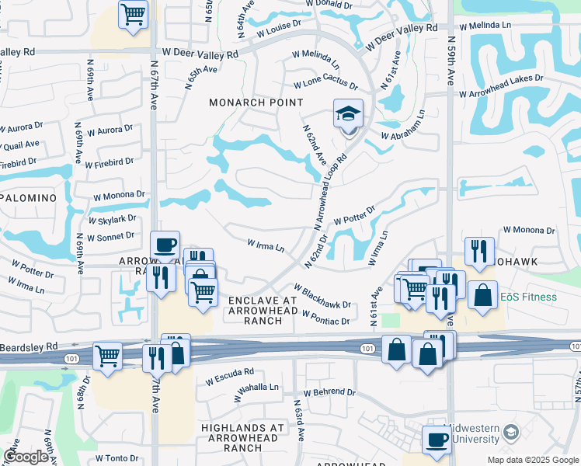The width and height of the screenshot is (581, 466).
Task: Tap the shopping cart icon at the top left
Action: [133, 14]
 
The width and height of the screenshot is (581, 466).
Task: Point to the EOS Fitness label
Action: [528, 297]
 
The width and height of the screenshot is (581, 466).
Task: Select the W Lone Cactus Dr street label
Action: [325, 85]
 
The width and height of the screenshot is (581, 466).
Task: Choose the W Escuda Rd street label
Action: [230, 377]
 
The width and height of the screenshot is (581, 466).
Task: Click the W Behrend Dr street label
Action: [329, 393]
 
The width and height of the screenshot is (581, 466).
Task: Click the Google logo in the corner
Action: [26, 457]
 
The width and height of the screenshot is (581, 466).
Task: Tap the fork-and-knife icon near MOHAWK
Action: [477, 251]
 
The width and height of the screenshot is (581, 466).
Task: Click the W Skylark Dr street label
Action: [112, 220]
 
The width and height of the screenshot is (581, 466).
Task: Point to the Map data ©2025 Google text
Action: [533, 459]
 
